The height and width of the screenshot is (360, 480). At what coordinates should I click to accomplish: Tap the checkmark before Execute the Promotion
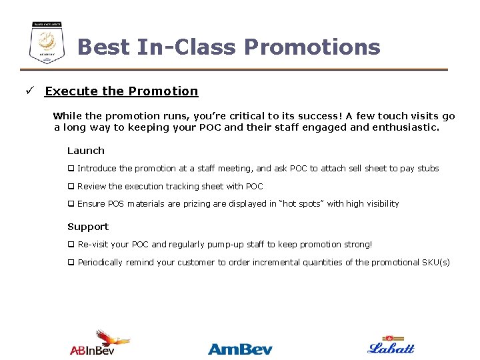pyautogui.click(x=30, y=91)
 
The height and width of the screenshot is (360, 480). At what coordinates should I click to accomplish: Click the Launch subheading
pyautogui.click(x=86, y=151)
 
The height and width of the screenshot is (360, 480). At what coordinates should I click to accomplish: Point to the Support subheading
pyautogui.click(x=88, y=227)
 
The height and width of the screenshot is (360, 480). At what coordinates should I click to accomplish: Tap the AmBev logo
pyautogui.click(x=240, y=349)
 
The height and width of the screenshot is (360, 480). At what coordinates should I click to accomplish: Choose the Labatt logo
pyautogui.click(x=391, y=345)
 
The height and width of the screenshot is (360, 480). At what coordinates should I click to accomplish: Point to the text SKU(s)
pyautogui.click(x=436, y=263)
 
